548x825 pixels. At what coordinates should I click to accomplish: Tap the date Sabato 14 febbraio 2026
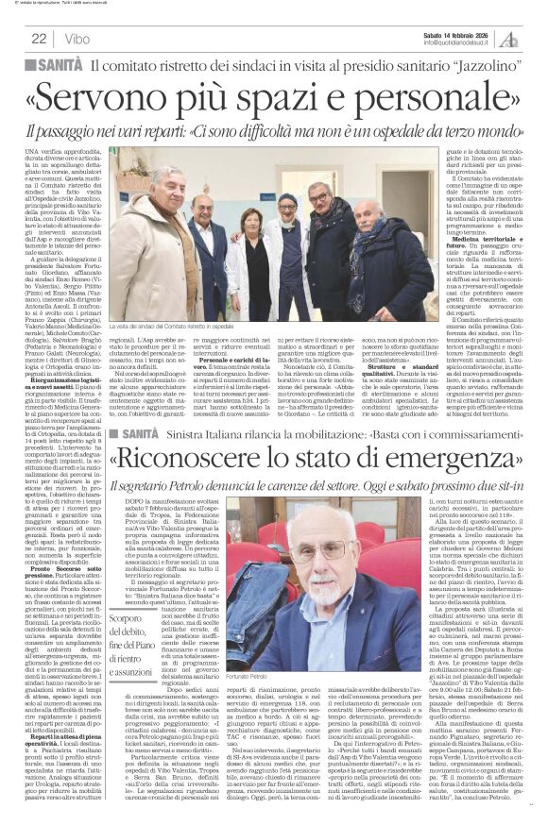tap(435, 33)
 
